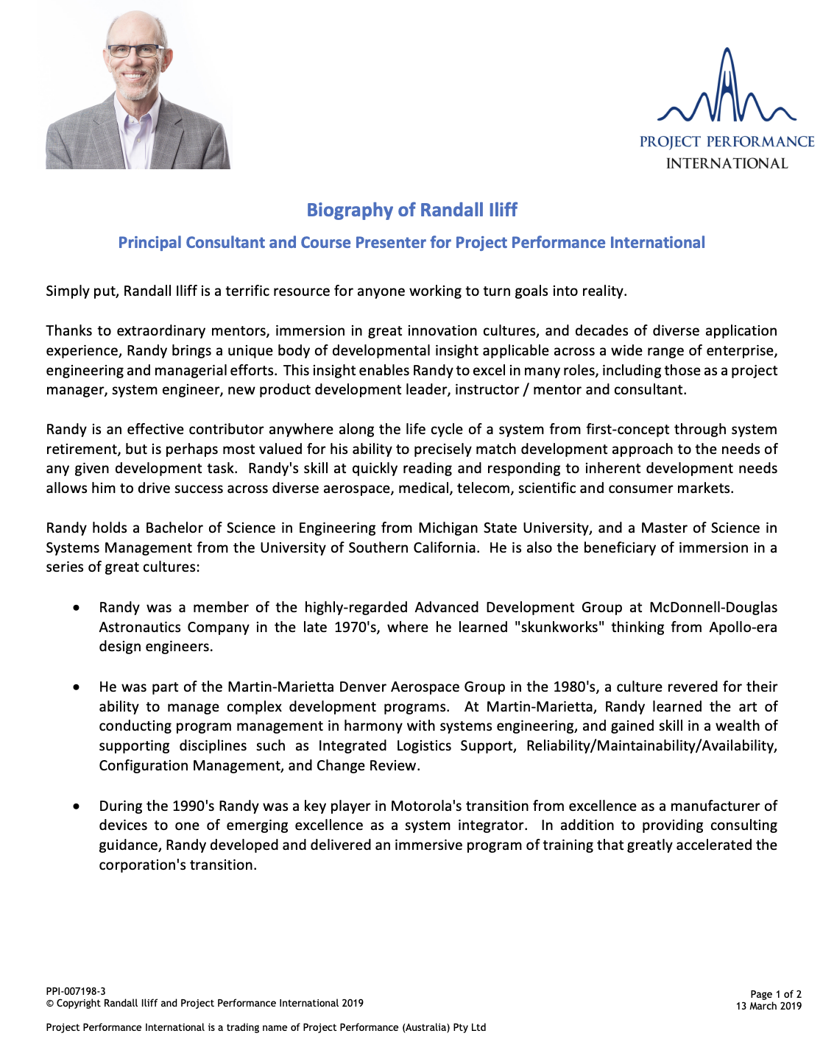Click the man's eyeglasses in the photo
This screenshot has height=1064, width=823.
(136, 52)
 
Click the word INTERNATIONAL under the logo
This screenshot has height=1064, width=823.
(727, 163)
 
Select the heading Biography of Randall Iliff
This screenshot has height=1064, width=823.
(411, 210)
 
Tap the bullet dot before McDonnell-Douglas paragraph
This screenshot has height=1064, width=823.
(77, 608)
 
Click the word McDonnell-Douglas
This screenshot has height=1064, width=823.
(713, 607)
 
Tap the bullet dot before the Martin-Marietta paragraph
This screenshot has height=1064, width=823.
(77, 687)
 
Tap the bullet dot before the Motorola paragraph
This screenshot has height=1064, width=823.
(77, 806)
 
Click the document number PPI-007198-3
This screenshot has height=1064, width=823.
(76, 991)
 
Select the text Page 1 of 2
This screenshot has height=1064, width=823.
(776, 994)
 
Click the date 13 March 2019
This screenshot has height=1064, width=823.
(769, 1006)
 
